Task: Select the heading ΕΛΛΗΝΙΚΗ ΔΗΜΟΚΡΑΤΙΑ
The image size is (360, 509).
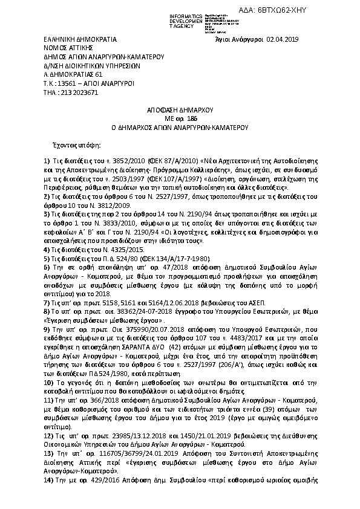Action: point(71,39)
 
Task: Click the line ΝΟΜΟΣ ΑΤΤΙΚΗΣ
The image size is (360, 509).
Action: point(59,47)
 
